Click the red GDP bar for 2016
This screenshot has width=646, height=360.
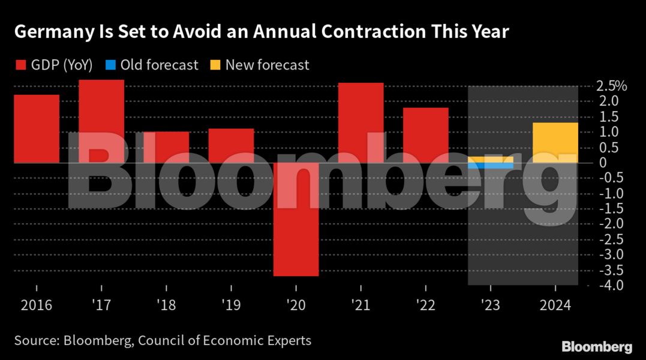(37, 128)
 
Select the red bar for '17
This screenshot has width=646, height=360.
(101, 121)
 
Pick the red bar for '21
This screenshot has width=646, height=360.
(360, 122)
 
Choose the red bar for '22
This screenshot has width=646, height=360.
(425, 135)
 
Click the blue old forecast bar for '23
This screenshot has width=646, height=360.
(491, 166)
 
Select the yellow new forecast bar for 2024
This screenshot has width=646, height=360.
(555, 142)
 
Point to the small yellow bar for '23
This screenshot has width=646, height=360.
(491, 159)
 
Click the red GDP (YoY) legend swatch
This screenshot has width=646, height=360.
(20, 65)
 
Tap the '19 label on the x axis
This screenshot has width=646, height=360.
(231, 305)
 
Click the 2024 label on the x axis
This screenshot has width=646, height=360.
(555, 305)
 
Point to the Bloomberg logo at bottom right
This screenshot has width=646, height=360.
(596, 347)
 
